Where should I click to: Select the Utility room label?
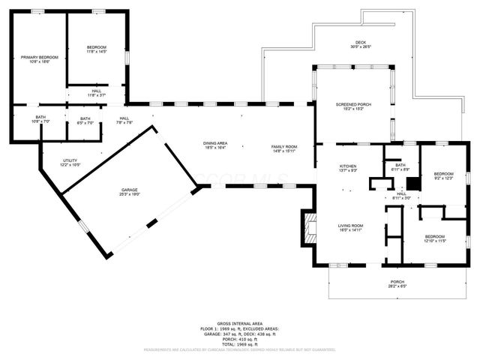pyautogui.click(x=70, y=162)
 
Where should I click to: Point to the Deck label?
pyautogui.click(x=360, y=44)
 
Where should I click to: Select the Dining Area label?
pyautogui.click(x=215, y=145)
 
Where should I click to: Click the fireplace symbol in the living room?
pyautogui.click(x=308, y=227)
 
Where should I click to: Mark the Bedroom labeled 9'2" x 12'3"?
pyautogui.click(x=444, y=175)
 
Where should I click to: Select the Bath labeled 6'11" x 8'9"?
pyautogui.click(x=400, y=167)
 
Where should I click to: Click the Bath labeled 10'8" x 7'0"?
pyautogui.click(x=40, y=120)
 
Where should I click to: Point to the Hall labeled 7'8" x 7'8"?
pyautogui.click(x=124, y=120)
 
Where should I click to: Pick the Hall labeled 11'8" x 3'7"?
pyautogui.click(x=96, y=93)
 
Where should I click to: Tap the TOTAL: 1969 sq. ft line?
pyautogui.click(x=240, y=343)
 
